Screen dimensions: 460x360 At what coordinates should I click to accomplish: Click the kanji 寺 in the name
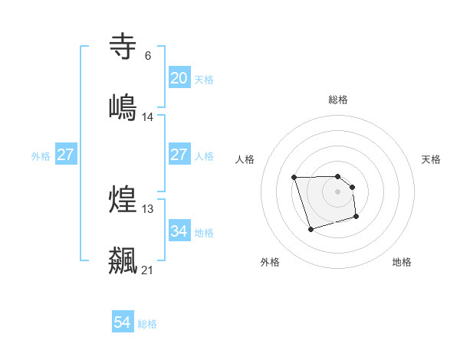pyautogui.click(x=123, y=47)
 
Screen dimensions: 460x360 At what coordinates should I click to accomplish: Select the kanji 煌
pyautogui.click(x=123, y=199)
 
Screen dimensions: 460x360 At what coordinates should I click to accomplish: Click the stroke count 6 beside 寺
pyautogui.click(x=147, y=56)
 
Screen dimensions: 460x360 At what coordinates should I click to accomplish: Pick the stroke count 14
pyautogui.click(x=148, y=116)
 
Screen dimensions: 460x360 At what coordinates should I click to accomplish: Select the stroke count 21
pyautogui.click(x=148, y=270)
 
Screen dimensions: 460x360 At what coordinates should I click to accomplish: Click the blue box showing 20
pyautogui.click(x=179, y=78)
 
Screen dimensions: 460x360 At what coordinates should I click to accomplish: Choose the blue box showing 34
pyautogui.click(x=179, y=231)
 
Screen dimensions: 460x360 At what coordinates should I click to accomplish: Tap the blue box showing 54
pyautogui.click(x=123, y=322)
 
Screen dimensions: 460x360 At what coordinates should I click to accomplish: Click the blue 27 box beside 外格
pyautogui.click(x=65, y=155)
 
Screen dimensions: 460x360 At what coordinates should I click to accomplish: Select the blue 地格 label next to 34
pyautogui.click(x=204, y=232)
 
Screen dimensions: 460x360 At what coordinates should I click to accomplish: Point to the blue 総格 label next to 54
pyautogui.click(x=147, y=324)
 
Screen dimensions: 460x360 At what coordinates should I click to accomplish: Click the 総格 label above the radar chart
pyautogui.click(x=338, y=100)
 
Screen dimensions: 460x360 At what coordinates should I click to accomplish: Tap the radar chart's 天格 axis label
pyautogui.click(x=431, y=159)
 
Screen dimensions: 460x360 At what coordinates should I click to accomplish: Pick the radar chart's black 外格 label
pyautogui.click(x=270, y=262)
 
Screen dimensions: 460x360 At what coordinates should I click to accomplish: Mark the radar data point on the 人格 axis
pyautogui.click(x=294, y=178)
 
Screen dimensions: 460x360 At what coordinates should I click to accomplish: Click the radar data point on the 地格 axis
pyautogui.click(x=356, y=218)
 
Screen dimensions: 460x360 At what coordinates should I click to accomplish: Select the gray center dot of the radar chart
pyautogui.click(x=337, y=191)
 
